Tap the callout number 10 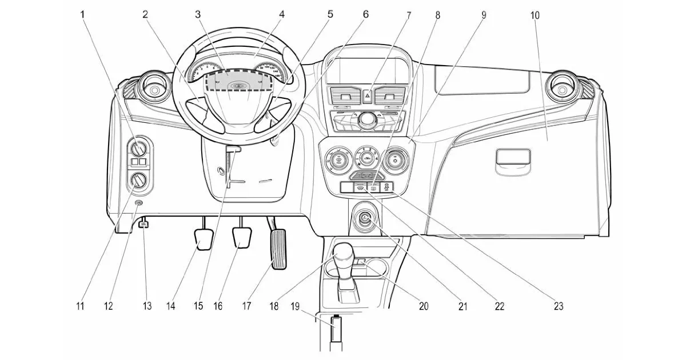535,15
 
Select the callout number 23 558,306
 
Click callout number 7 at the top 409,15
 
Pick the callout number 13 147,306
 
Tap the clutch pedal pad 205,239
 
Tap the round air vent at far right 563,88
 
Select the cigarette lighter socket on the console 365,219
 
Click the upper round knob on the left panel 138,150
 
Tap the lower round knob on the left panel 138,181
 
